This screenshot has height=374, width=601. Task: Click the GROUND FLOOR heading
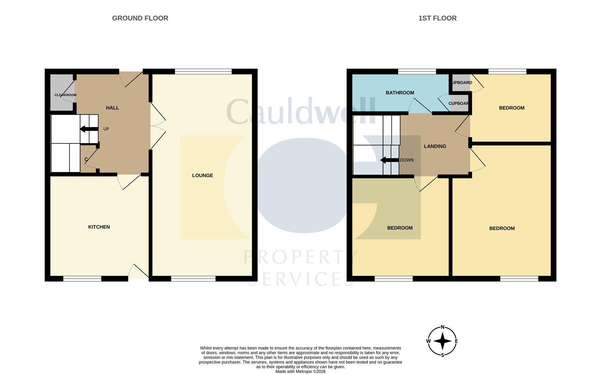[140, 18]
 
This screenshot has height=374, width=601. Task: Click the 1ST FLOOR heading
[437, 18]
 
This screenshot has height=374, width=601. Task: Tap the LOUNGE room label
[202, 176]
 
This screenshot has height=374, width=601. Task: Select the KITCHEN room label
[99, 227]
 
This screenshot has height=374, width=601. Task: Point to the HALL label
[112, 108]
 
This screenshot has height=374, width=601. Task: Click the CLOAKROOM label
[65, 95]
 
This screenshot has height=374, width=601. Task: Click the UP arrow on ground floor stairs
[89, 129]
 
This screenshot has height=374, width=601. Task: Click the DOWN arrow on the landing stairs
[389, 160]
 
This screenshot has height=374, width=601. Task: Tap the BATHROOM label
[400, 93]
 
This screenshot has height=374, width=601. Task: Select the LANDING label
[435, 146]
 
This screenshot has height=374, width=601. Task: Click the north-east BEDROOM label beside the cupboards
[511, 108]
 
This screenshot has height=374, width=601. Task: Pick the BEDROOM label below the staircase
[399, 228]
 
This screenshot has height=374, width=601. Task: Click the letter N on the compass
[442, 327]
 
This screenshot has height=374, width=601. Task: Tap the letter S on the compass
[442, 355]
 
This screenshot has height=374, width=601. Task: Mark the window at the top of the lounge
[203, 72]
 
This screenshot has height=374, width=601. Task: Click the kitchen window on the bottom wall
[82, 278]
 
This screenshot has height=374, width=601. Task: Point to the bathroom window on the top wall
[417, 72]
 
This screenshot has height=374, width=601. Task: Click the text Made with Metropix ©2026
[300, 372]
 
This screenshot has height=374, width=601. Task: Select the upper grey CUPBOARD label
[462, 83]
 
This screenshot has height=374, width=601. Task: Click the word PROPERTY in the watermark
[300, 257]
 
